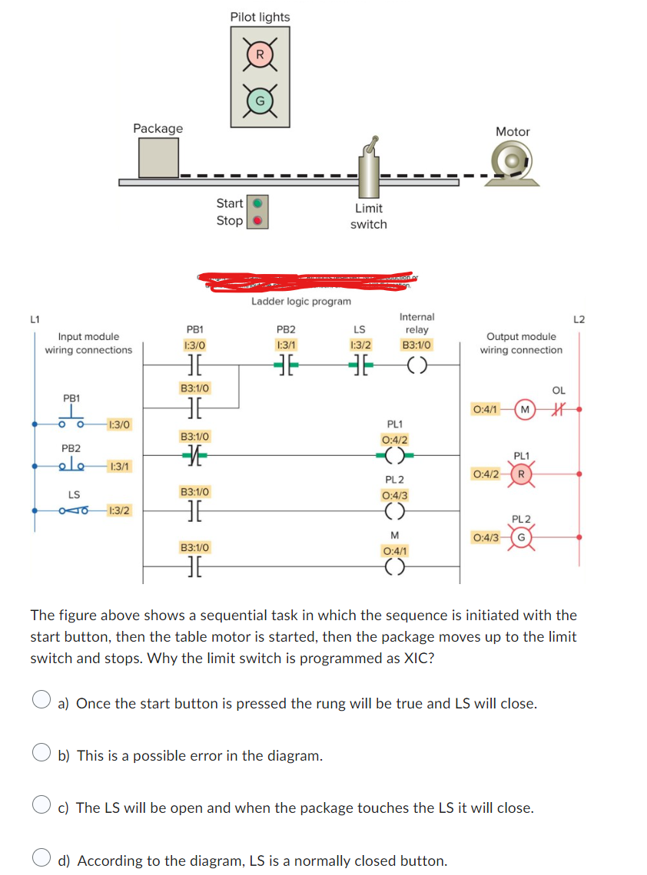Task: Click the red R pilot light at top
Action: (x=260, y=54)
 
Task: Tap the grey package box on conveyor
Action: (x=158, y=158)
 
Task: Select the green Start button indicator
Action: (x=259, y=203)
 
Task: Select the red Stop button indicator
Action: (x=259, y=220)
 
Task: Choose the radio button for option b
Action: (x=41, y=755)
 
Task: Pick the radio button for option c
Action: (x=41, y=807)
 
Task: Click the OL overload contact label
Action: (x=559, y=391)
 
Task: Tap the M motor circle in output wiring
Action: (x=524, y=408)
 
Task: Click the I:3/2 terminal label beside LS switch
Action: (x=119, y=510)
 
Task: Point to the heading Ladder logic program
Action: (x=301, y=302)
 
